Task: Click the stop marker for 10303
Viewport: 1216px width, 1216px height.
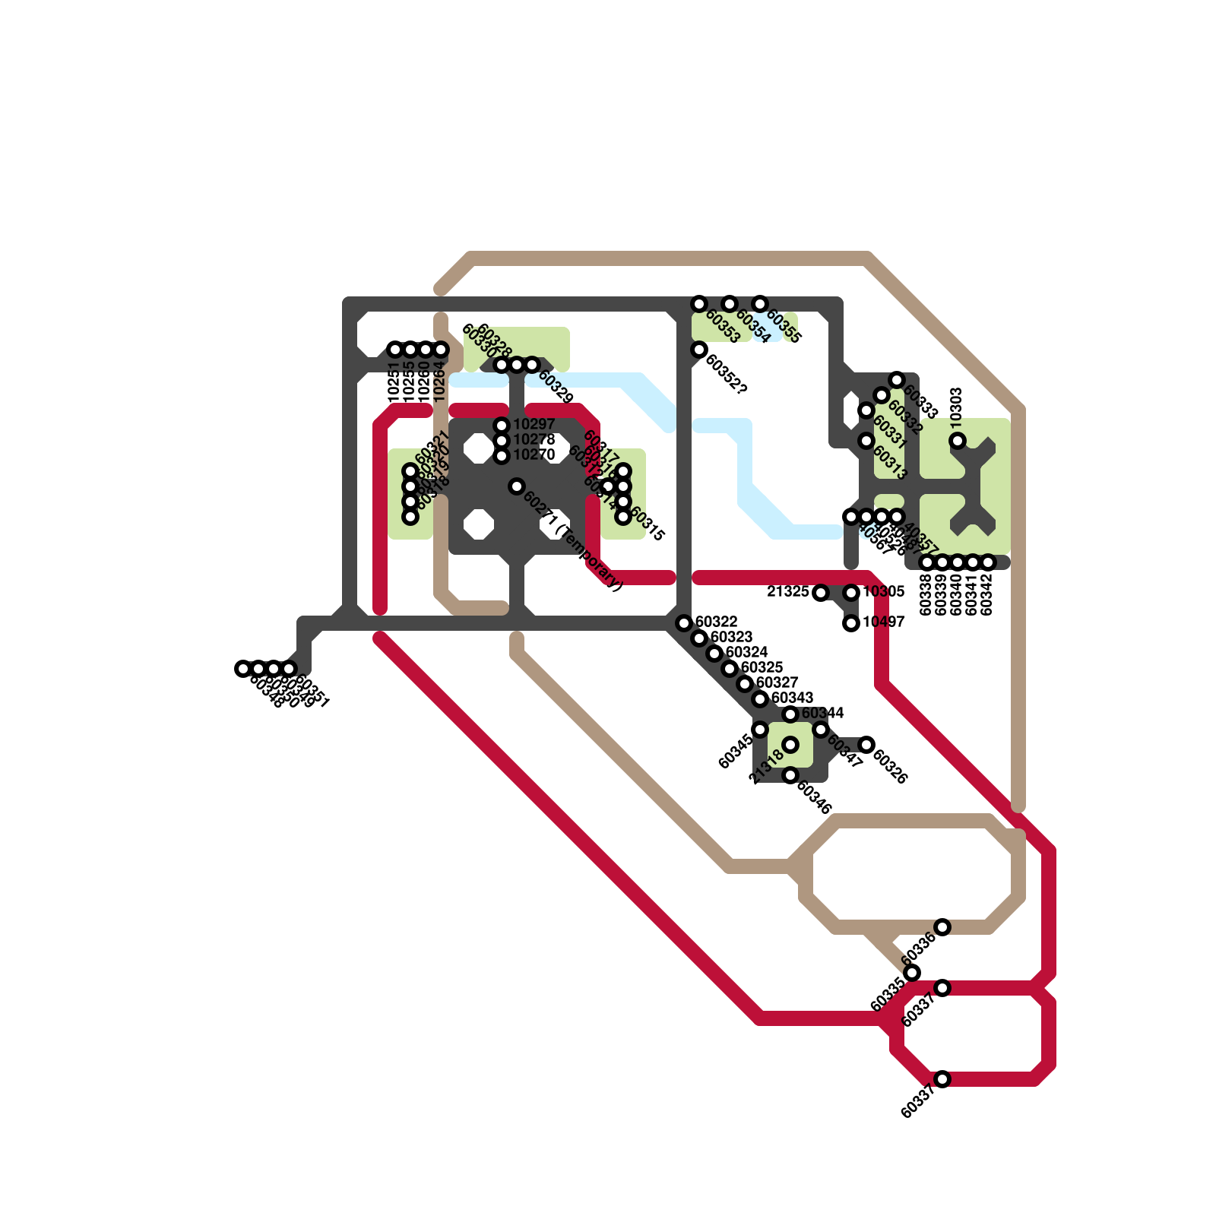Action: coord(958,441)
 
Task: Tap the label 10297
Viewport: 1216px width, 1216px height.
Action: coord(534,424)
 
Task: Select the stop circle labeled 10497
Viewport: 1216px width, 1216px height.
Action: coord(851,623)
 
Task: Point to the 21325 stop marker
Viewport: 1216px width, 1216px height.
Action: coord(821,593)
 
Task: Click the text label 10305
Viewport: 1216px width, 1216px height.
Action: coord(883,591)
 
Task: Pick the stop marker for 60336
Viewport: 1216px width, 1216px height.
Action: coord(942,927)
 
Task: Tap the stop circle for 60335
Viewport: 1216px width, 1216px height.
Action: coord(912,973)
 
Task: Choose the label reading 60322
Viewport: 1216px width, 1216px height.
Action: coord(716,622)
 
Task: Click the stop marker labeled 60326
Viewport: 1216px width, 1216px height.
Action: coord(866,745)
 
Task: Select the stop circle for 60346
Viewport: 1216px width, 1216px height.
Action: coord(790,775)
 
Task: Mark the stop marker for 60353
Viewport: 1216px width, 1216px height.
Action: coord(699,304)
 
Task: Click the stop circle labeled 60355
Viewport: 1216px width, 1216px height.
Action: coord(760,304)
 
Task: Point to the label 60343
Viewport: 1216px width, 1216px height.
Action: coord(792,698)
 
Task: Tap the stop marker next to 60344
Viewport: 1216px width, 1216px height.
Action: coord(790,714)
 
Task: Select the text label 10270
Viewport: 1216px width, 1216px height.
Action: coord(534,454)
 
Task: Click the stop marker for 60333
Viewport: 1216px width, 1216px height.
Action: coord(897,380)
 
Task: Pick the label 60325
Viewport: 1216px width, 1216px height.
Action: coord(762,667)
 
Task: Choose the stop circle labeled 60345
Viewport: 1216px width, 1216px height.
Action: coord(760,730)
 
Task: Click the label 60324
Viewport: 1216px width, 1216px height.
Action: coord(746,652)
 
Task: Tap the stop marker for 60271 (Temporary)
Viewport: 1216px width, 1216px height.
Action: coord(517,486)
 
